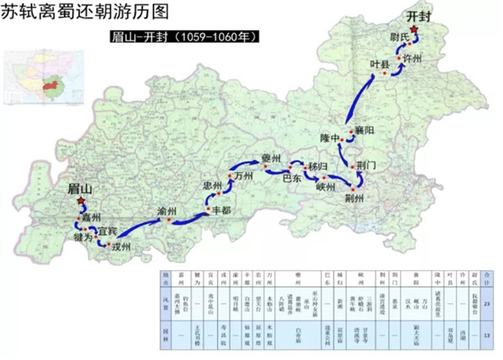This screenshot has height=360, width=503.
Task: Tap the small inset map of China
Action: pyautogui.click(x=36, y=76)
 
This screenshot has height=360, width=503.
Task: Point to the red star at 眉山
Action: pyautogui.click(x=80, y=201)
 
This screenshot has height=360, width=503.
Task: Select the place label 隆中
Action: pyautogui.click(x=331, y=137)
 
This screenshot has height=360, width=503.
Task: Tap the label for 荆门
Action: pyautogui.click(x=369, y=165)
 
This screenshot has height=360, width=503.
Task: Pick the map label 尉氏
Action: pyautogui.click(x=398, y=36)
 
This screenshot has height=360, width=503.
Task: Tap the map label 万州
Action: pyautogui.click(x=244, y=177)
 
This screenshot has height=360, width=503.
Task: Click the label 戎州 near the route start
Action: pyautogui.click(x=122, y=247)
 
